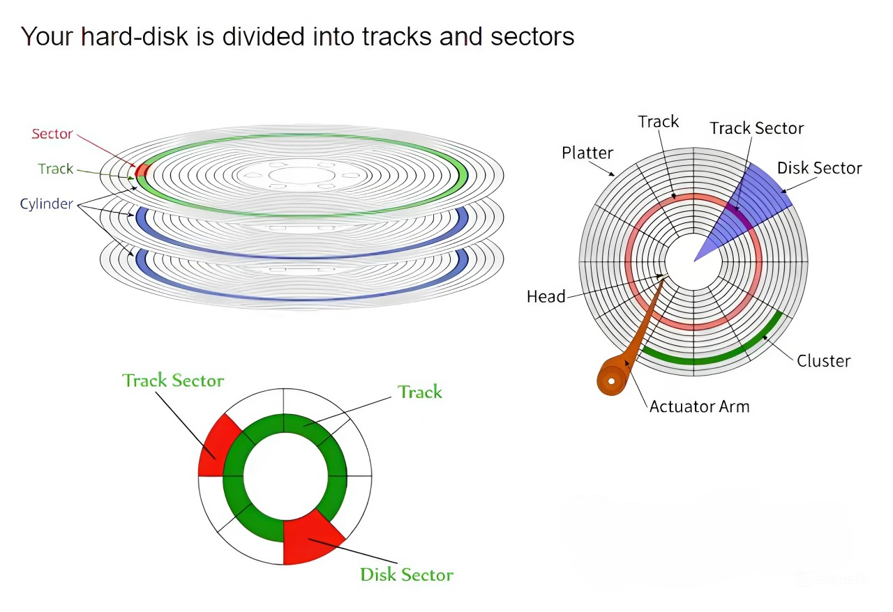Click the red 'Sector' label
point(52,134)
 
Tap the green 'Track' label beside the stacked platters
point(56,169)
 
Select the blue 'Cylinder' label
point(47,204)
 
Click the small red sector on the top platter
point(142,170)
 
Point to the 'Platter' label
point(587,153)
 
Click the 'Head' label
point(546,297)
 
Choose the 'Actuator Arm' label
point(700,407)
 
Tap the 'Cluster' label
point(824,361)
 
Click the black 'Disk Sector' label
point(820,168)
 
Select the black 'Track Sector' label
point(757,128)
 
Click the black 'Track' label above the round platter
point(658,121)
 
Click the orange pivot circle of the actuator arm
point(612,381)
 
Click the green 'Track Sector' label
point(173,381)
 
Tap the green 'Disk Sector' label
point(407,574)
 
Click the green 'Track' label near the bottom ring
point(420,392)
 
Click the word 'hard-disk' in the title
point(135,37)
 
